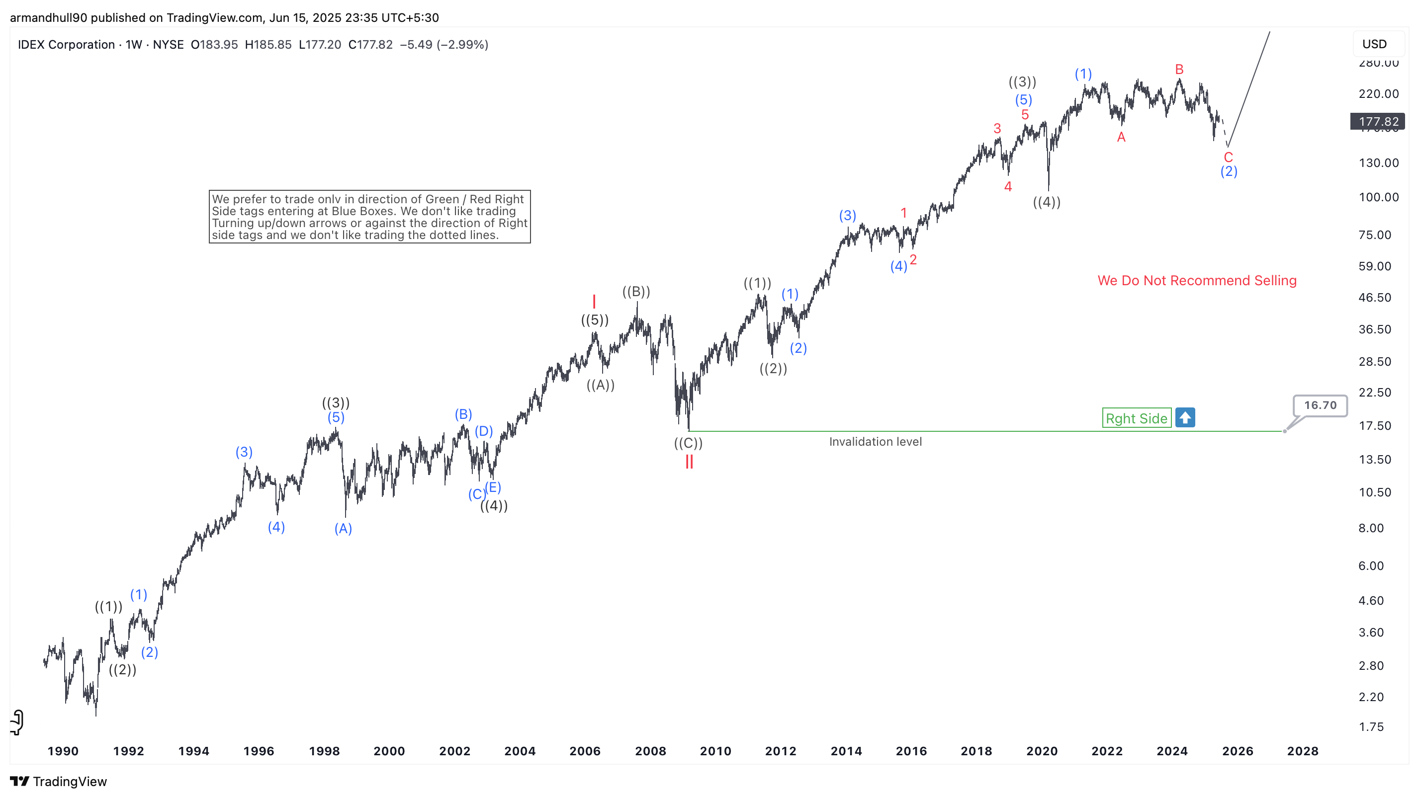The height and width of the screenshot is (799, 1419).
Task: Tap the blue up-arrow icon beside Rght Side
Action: tap(1184, 417)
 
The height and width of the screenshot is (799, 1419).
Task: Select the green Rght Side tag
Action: tap(1136, 418)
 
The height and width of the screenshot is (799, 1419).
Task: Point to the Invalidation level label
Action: tap(875, 442)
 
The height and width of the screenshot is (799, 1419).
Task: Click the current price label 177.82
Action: tap(1378, 122)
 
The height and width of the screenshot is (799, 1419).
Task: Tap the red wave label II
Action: tap(689, 462)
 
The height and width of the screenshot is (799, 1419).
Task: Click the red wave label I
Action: tap(594, 301)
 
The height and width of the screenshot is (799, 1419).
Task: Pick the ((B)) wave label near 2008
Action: tap(636, 291)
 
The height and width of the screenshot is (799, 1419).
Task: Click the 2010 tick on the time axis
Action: tap(715, 751)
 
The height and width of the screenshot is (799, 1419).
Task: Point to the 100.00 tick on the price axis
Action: tap(1378, 197)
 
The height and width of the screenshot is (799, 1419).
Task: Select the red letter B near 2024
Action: tap(1179, 70)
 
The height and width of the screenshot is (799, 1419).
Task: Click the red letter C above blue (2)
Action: tap(1228, 157)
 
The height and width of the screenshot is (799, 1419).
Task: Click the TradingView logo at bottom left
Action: tap(58, 782)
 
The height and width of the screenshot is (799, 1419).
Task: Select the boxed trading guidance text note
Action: tap(369, 217)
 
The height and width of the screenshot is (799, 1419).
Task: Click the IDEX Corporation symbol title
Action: tap(66, 45)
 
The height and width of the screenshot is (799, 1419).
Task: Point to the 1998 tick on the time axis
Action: tap(324, 751)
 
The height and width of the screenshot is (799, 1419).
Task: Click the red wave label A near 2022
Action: tap(1121, 137)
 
